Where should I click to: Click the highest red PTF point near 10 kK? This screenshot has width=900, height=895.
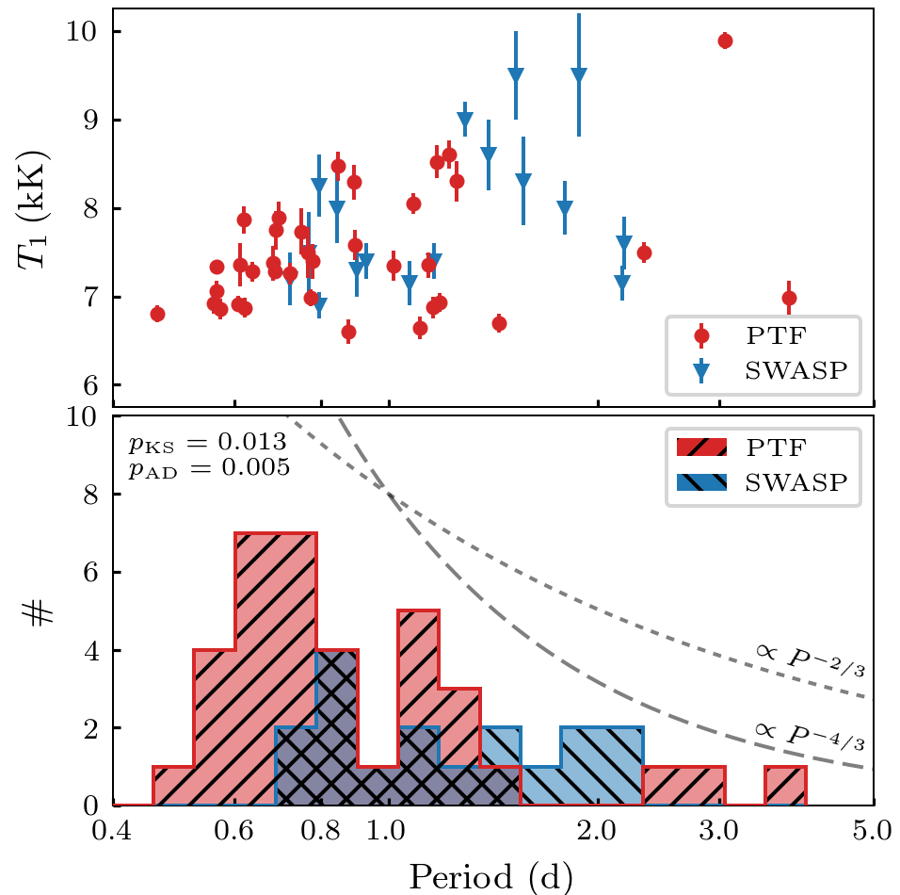[x=725, y=41]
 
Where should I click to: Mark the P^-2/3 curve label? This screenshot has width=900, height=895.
[x=810, y=659]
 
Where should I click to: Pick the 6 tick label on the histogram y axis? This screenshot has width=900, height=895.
[x=92, y=573]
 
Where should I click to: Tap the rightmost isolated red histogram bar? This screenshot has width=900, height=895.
[x=785, y=786]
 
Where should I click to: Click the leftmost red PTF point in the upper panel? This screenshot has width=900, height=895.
[x=157, y=314]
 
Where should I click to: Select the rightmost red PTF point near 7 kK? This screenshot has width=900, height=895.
[x=789, y=298]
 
